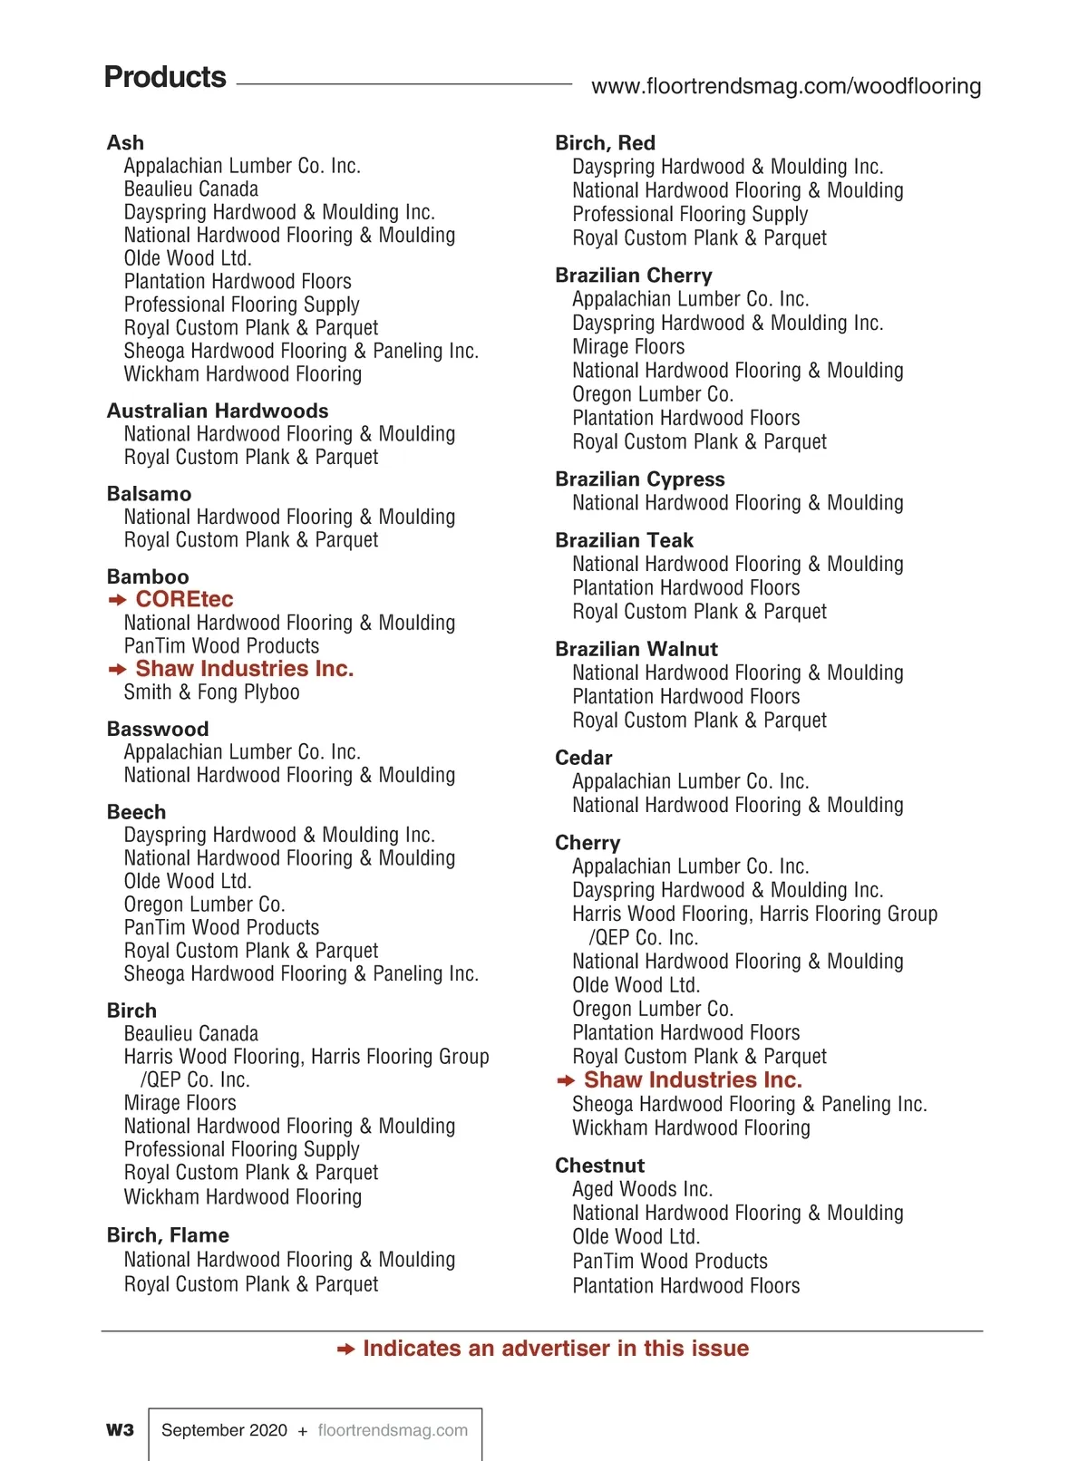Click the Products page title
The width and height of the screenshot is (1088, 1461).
(165, 77)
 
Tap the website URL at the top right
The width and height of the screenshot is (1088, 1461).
(785, 86)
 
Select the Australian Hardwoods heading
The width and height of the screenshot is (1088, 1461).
(218, 411)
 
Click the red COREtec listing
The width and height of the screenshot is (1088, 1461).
(184, 599)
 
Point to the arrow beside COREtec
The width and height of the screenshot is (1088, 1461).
(117, 600)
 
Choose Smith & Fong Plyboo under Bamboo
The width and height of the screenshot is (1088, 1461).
(211, 692)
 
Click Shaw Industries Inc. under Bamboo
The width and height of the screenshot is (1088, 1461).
(244, 669)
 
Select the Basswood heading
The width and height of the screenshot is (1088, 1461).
(158, 729)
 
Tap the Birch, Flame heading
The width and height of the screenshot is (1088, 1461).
(168, 1235)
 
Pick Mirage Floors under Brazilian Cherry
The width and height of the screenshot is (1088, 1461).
(628, 346)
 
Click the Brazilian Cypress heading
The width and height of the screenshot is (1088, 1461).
(640, 479)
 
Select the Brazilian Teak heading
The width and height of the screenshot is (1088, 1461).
(624, 540)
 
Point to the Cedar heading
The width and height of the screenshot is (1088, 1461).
(584, 758)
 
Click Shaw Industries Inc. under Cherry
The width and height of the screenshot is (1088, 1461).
(693, 1080)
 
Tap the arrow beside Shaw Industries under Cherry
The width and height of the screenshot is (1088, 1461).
(566, 1080)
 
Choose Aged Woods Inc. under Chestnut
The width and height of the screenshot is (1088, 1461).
(642, 1189)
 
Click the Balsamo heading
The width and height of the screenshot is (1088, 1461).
(149, 494)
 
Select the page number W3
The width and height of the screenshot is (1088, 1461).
(120, 1430)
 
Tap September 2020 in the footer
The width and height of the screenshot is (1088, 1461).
(224, 1430)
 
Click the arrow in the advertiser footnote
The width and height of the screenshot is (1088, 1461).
(345, 1350)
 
